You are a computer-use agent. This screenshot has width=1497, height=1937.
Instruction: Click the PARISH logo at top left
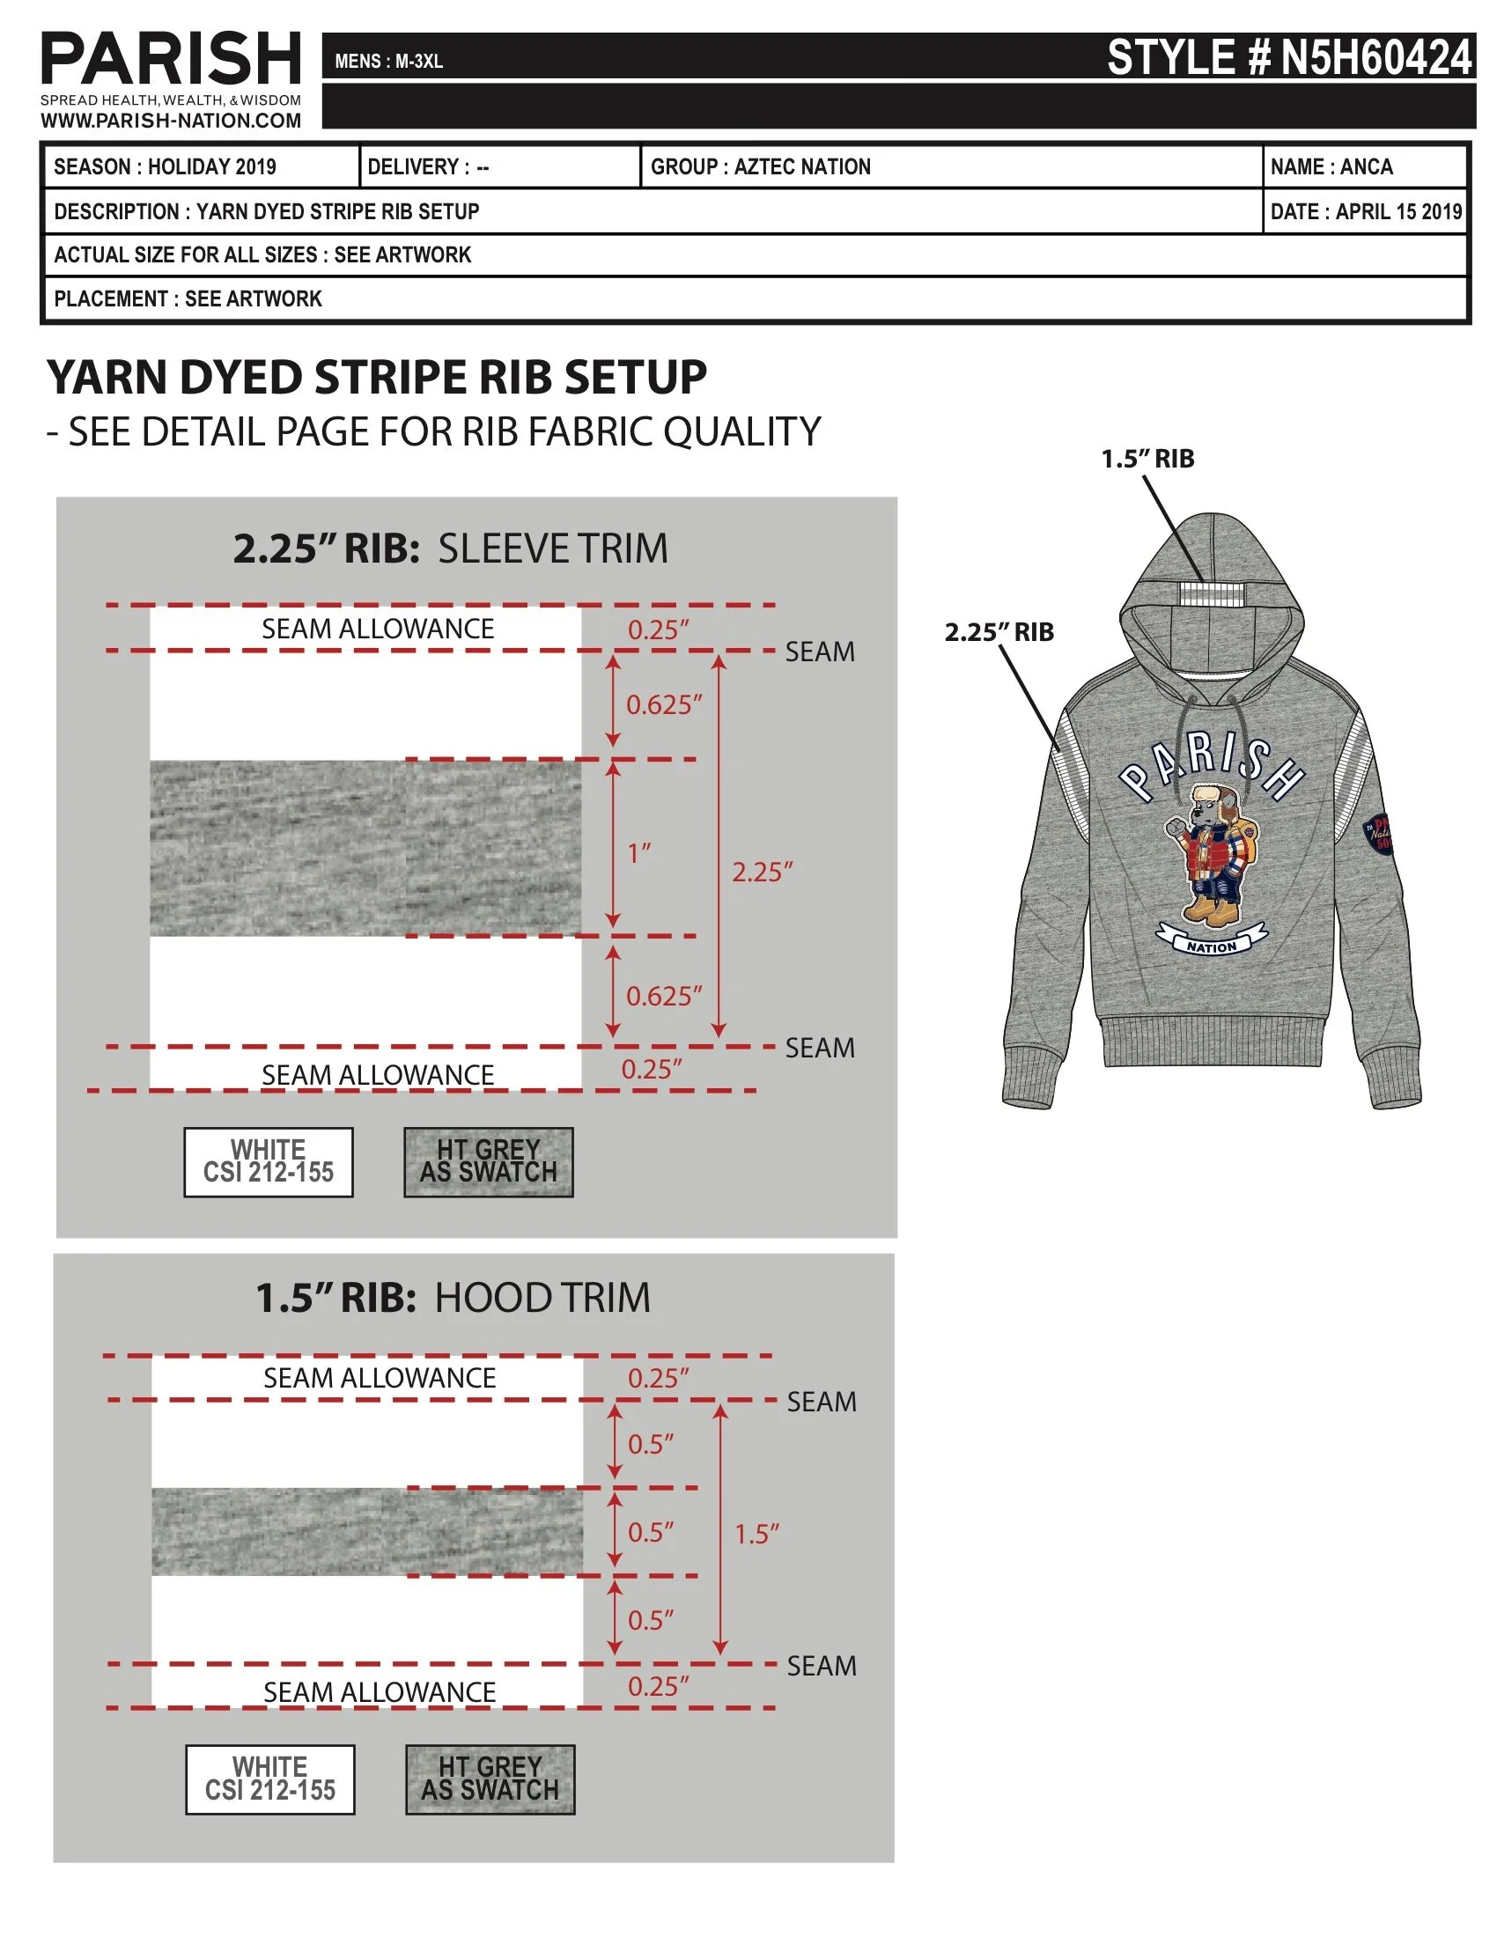170,59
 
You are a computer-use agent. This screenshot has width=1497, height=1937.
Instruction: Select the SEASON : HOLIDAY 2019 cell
165,166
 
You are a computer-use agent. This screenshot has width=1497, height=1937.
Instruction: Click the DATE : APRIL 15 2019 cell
1365,211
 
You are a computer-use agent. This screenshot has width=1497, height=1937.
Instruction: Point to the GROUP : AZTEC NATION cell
761,166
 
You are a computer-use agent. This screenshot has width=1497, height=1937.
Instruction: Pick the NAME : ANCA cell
1331,166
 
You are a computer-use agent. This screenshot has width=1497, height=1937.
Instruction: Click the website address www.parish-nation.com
170,121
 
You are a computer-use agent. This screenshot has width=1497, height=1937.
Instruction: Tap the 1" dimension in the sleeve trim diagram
638,853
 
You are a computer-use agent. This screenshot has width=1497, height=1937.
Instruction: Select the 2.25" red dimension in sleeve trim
762,872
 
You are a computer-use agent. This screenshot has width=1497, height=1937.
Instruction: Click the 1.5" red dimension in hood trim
756,1534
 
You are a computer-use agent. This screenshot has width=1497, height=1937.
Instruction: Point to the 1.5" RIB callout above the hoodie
1147,459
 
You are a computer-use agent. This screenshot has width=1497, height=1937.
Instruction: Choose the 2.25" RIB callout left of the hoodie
999,632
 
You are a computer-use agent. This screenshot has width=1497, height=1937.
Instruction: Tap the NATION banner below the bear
1212,946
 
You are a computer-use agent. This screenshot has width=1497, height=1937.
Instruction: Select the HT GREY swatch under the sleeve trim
489,1162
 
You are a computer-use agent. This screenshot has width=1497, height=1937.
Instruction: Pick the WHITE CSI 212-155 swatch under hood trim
270,1779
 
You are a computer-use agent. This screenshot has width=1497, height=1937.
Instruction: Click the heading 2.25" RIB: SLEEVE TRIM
450,549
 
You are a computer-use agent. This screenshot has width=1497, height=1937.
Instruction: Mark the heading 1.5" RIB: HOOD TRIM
453,1298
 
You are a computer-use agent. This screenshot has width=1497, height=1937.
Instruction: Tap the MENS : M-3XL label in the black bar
388,62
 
